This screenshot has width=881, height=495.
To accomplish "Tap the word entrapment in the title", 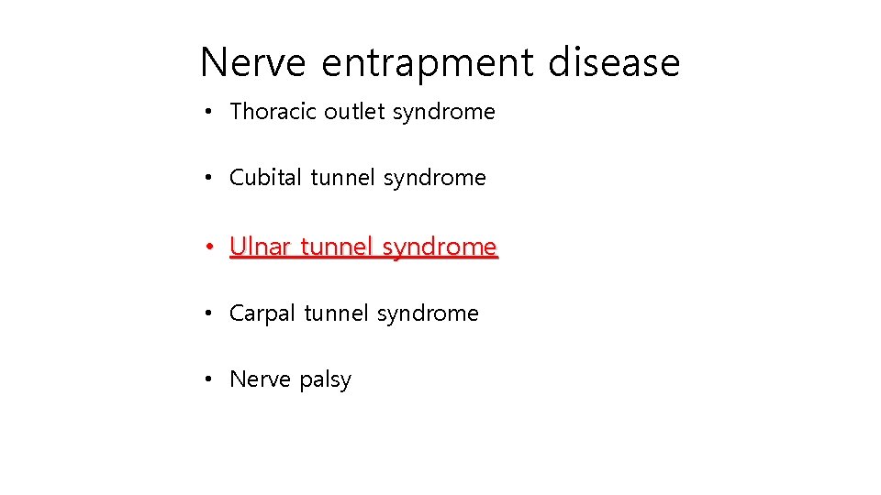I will click(428, 62).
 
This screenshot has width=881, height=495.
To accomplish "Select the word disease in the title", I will click(614, 62).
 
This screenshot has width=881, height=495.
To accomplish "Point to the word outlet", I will click(355, 112).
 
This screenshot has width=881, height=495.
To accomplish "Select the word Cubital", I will click(265, 178).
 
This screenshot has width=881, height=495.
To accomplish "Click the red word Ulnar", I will click(260, 247).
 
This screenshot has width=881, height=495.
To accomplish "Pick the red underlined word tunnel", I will click(337, 247).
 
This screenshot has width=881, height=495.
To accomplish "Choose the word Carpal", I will click(262, 313).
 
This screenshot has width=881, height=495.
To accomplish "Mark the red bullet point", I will click(210, 247).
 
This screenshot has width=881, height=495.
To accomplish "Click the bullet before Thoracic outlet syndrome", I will click(210, 112).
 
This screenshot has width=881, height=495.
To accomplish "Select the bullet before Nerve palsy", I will click(210, 379).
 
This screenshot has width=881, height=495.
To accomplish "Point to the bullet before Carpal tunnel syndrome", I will click(210, 313).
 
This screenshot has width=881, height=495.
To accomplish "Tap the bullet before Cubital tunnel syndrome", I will click(210, 178).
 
